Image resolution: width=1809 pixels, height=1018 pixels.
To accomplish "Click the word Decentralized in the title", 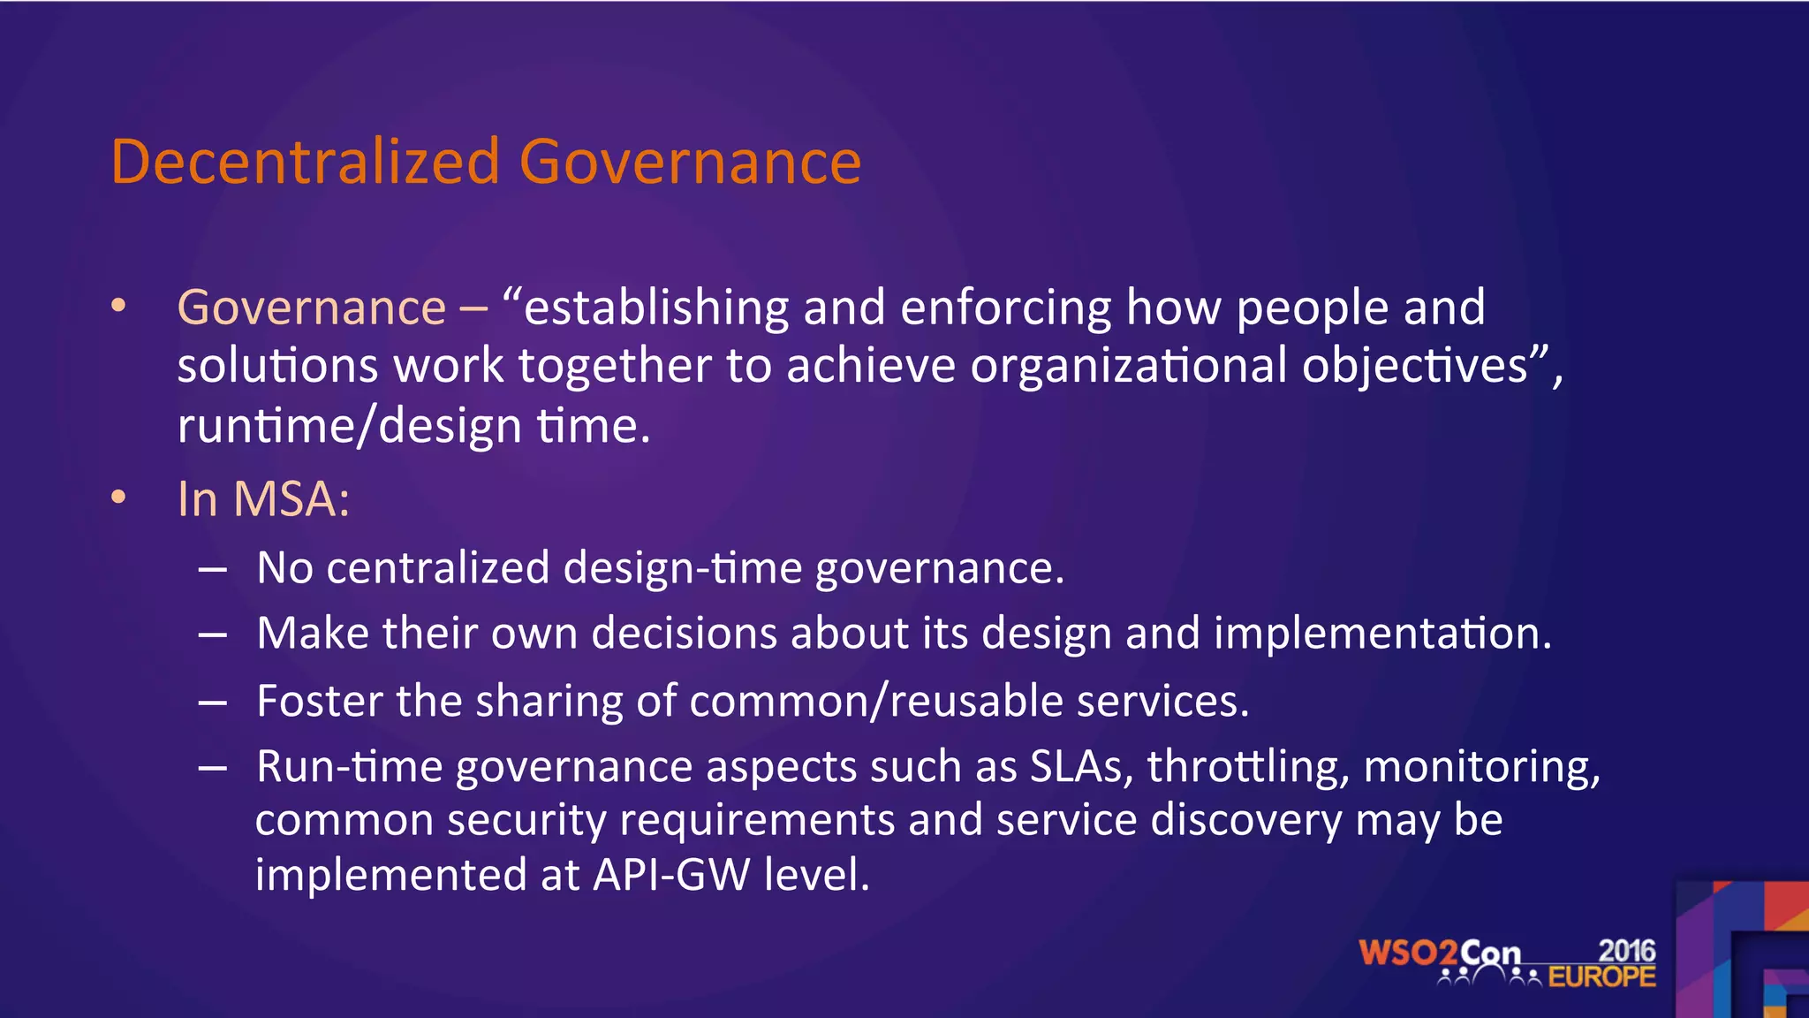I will (306, 162).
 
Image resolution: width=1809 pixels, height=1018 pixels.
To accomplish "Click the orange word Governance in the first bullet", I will (312, 308).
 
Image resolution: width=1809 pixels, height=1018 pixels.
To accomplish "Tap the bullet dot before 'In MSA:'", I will (118, 498).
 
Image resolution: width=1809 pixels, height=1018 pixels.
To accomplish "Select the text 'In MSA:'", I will (263, 498).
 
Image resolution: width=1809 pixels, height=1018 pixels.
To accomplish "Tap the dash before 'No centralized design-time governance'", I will (213, 569).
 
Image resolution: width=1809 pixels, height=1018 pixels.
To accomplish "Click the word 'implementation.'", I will (1382, 634).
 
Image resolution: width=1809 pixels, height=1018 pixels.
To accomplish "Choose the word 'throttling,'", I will (1248, 766).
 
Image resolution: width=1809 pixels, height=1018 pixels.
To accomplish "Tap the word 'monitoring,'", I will (1481, 766).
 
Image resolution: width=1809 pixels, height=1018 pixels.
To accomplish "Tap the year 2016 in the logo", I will (1626, 951).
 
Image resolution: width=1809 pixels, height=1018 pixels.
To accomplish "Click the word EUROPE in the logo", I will (1601, 977).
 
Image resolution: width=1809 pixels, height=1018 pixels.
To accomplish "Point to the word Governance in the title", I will (690, 162).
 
